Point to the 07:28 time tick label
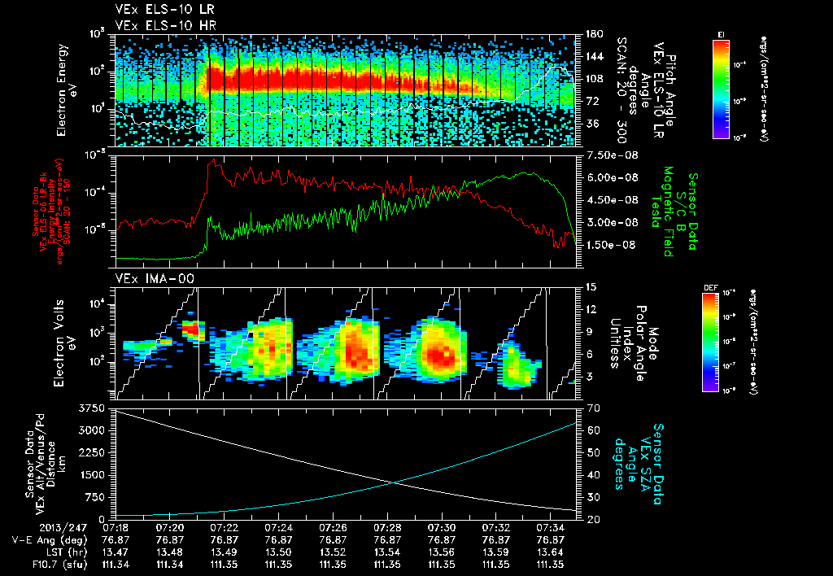pyautogui.click(x=386, y=527)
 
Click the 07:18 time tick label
pyautogui.click(x=116, y=527)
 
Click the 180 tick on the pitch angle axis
pyautogui.click(x=592, y=34)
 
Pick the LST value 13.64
pyautogui.click(x=549, y=552)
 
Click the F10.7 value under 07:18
pyautogui.click(x=116, y=564)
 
